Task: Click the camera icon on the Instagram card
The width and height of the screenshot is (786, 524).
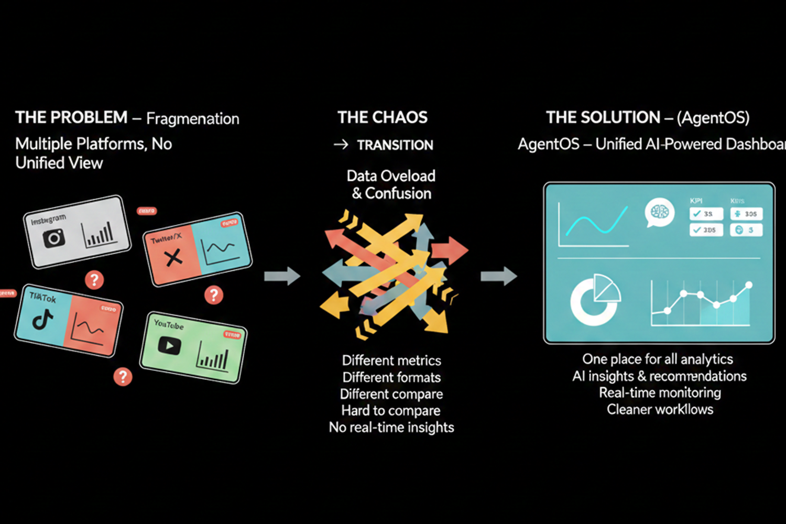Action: tap(54, 238)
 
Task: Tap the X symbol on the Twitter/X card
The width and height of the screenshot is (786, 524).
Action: tap(173, 257)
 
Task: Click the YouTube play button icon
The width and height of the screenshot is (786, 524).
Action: tap(169, 346)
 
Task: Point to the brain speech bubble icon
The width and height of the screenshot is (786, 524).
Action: tap(659, 212)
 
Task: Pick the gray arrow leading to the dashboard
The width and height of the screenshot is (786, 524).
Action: tap(499, 276)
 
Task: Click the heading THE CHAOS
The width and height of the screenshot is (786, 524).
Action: tap(383, 117)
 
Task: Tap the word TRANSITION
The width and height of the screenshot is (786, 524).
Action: tap(395, 145)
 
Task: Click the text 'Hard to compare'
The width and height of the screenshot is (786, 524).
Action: tap(391, 410)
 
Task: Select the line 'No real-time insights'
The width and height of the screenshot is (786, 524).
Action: tap(391, 427)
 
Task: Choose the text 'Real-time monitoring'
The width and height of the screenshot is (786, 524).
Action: tap(660, 392)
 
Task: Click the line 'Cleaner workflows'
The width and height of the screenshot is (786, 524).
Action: tap(660, 409)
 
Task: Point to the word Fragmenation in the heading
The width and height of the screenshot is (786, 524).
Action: tap(192, 118)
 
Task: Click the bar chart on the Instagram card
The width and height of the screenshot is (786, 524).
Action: tap(99, 234)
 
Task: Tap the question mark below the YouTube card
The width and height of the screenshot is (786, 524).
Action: tap(123, 376)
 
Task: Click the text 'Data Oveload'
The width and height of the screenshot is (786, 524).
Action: tap(391, 176)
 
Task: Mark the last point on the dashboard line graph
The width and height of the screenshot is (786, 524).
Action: tap(749, 285)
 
